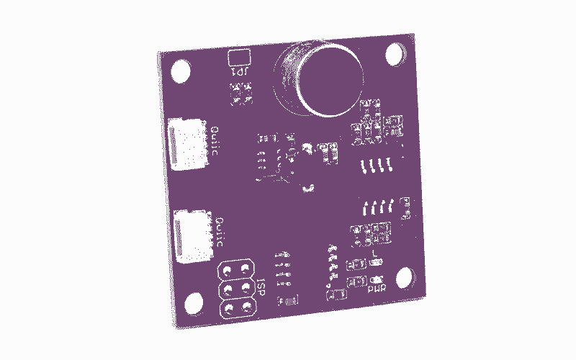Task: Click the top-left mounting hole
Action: [x=180, y=71]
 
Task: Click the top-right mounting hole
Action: [x=395, y=55]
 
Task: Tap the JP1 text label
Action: [x=238, y=72]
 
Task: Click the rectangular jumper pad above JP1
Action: [x=238, y=58]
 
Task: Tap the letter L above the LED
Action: [x=377, y=252]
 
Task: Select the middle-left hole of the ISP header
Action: [x=230, y=290]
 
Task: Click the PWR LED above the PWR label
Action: [x=377, y=279]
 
